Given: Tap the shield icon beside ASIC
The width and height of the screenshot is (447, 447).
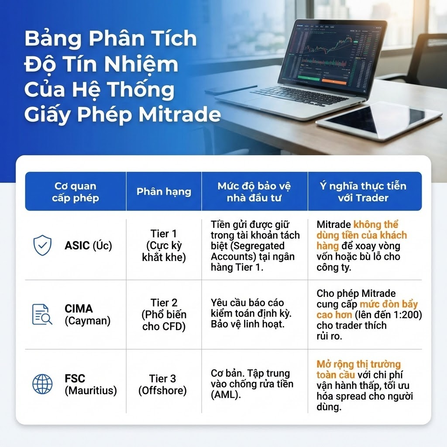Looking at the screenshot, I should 42,245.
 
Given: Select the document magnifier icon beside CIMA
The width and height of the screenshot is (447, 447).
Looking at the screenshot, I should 42,314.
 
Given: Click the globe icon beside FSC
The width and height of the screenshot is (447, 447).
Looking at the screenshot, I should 42,384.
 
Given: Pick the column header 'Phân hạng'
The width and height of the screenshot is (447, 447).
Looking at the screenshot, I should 164,192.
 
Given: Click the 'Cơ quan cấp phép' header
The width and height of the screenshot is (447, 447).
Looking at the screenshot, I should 76,192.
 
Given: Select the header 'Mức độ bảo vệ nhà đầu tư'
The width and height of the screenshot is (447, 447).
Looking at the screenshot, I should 254,192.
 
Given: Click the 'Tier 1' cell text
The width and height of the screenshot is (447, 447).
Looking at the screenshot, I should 164,234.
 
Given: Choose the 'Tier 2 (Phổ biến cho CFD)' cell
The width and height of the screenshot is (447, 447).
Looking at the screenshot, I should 164,314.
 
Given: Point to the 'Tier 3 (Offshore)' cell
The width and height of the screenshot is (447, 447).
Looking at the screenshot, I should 162,384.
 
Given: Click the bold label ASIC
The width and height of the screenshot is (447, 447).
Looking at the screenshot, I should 77,245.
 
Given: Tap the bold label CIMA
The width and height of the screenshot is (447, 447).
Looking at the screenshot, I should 79,309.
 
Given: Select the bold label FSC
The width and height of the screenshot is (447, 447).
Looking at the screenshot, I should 75,378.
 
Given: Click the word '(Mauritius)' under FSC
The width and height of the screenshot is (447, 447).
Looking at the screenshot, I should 91,390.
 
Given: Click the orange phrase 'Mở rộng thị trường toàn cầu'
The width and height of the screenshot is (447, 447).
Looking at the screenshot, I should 358,369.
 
